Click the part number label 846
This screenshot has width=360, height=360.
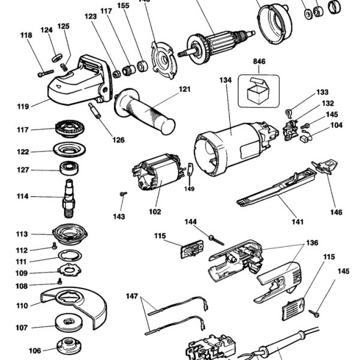point(259,62)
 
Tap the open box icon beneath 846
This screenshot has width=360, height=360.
point(259,91)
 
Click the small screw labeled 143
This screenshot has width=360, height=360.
point(123,193)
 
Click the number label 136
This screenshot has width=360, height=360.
point(313,244)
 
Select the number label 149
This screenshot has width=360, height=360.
point(190,188)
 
